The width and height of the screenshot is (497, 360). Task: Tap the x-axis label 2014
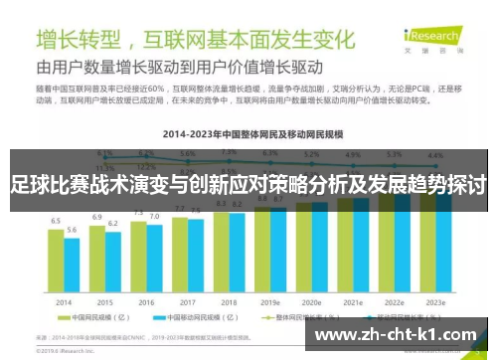[64, 301]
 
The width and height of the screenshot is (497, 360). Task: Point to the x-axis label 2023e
[434, 301]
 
